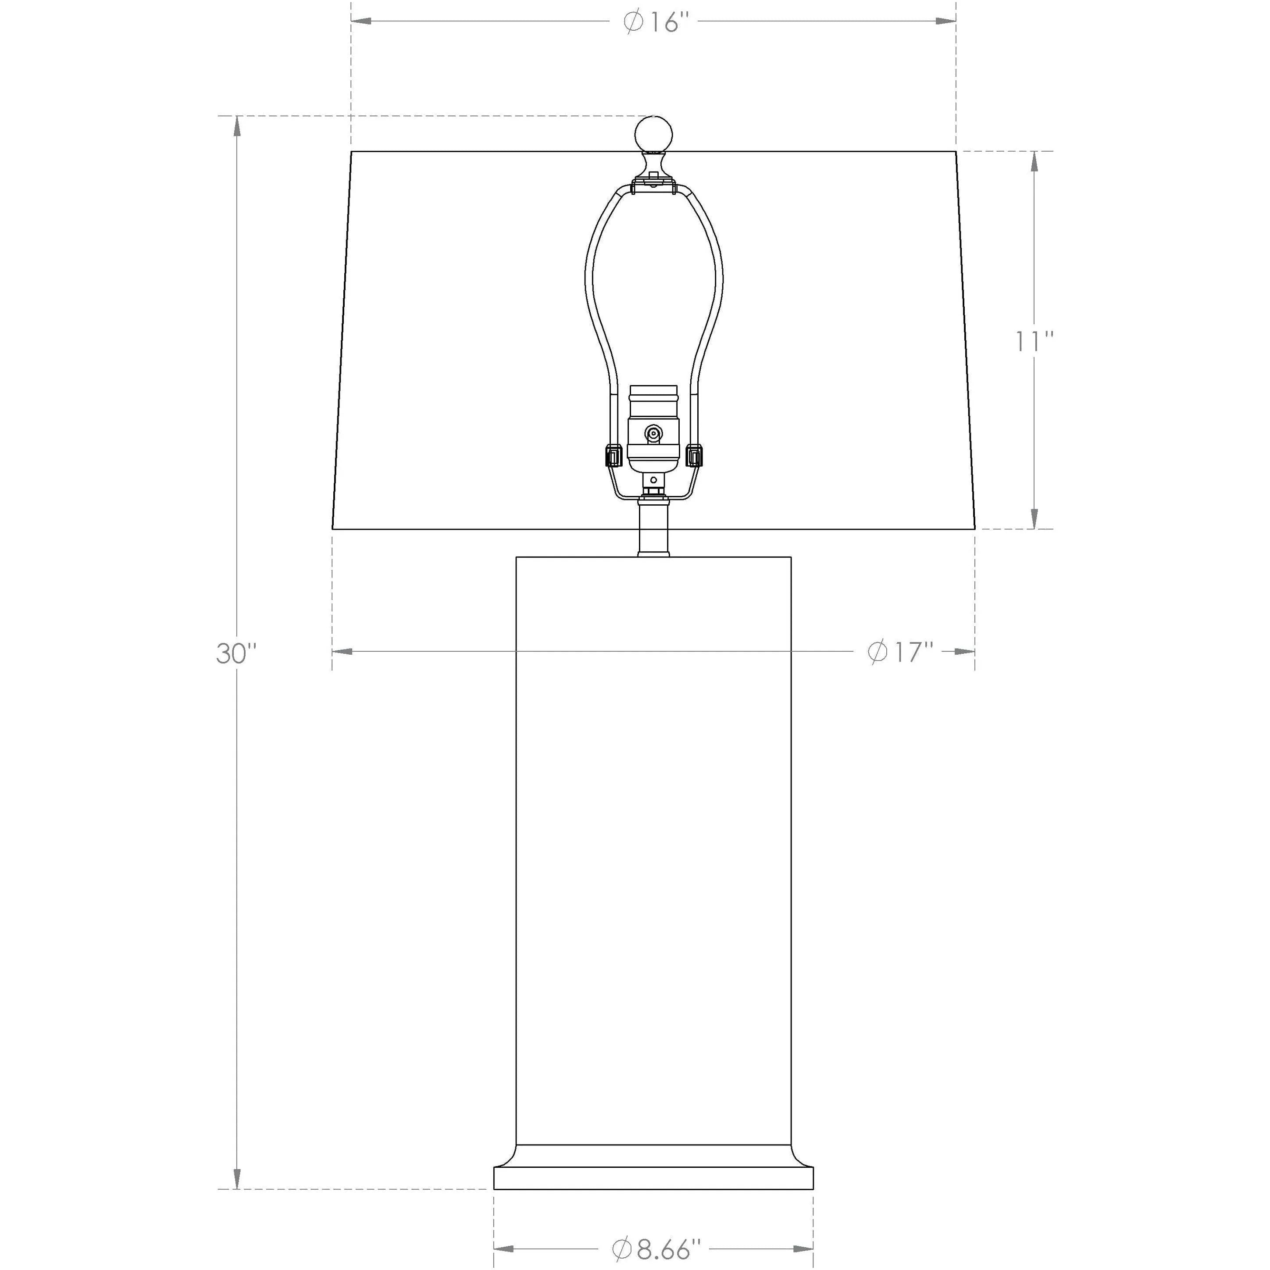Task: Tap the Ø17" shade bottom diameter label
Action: (901, 652)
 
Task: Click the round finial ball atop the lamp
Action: (653, 135)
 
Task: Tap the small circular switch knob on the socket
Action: (653, 433)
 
